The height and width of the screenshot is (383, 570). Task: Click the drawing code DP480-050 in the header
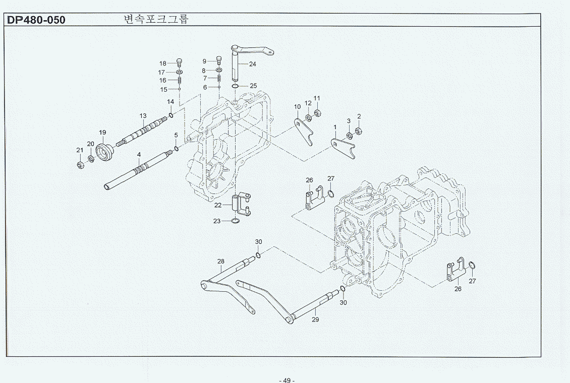point(36,20)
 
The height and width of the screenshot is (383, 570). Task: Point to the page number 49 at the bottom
point(287,380)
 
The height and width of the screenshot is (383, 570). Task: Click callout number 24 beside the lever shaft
point(252,64)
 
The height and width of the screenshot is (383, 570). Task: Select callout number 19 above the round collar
point(102,133)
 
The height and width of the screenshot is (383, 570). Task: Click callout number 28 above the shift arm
point(220,261)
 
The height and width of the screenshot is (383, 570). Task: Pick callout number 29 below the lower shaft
point(315,319)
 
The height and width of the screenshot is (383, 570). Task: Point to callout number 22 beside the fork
point(217,205)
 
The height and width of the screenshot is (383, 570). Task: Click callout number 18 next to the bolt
point(162,63)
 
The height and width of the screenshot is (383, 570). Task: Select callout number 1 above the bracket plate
point(334,127)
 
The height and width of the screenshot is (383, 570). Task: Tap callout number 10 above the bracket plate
point(297,107)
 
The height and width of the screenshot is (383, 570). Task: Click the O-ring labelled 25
point(236,86)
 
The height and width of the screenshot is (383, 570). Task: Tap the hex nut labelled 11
point(318,112)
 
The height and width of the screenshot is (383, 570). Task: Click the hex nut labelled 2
point(359,131)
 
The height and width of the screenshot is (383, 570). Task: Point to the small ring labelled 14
point(171,116)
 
